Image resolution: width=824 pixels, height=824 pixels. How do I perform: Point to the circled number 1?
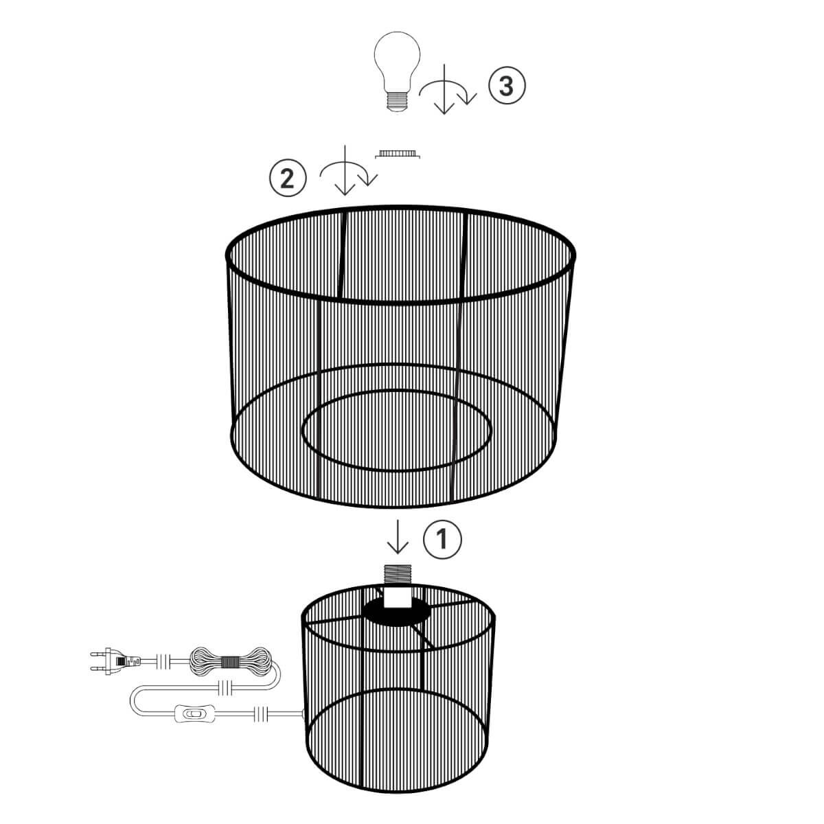click(442, 539)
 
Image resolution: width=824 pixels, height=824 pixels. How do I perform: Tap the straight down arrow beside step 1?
click(398, 538)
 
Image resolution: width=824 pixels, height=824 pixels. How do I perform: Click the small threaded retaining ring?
click(398, 154)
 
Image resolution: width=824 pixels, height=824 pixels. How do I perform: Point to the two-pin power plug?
click(113, 661)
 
